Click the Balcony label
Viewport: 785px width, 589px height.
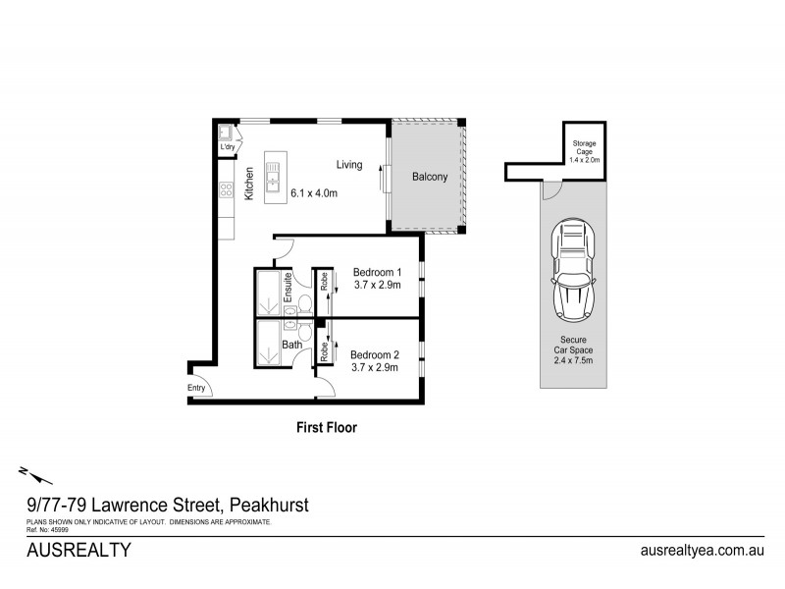tap(430, 178)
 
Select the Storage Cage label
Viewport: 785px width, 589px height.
tap(585, 150)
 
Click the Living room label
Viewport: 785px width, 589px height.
tap(350, 164)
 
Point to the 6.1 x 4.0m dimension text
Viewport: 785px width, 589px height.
tap(314, 193)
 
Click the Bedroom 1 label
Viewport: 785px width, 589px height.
tap(377, 272)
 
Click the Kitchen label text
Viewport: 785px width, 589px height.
tap(249, 184)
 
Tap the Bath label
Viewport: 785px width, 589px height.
tap(292, 345)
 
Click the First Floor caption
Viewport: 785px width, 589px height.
tap(327, 428)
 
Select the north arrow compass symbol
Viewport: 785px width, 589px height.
tap(34, 477)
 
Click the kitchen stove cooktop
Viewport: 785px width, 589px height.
tap(225, 189)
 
